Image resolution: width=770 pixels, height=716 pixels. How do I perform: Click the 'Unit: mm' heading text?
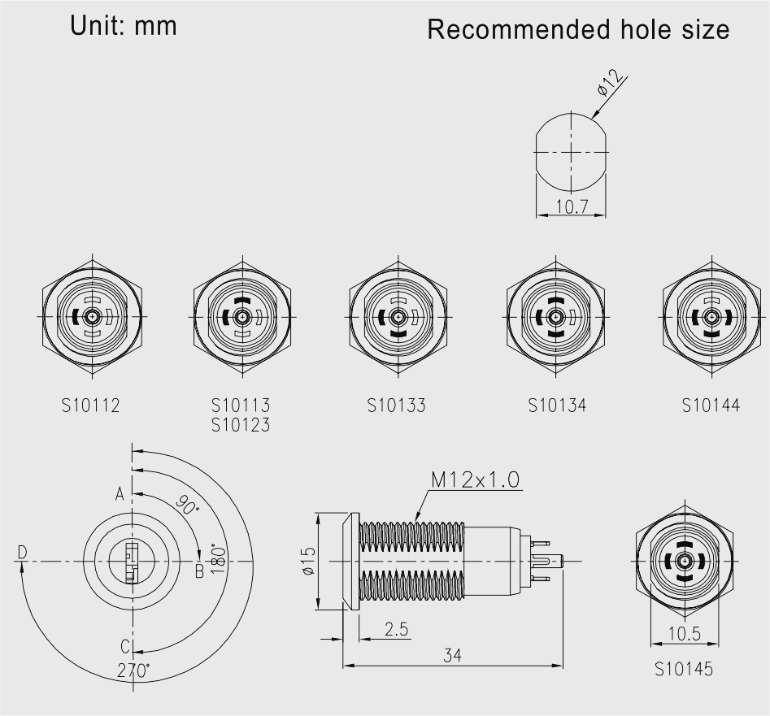[x=124, y=25]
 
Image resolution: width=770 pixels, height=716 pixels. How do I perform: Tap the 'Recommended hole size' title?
[x=578, y=29]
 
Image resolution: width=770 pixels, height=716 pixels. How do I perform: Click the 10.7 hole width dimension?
[x=571, y=206]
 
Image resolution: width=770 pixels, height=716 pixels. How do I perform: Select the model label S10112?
[x=91, y=406]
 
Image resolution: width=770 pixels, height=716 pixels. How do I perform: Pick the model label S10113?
[x=241, y=406]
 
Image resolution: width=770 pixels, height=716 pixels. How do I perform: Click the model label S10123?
[x=241, y=424]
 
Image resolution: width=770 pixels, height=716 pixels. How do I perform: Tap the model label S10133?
[x=396, y=406]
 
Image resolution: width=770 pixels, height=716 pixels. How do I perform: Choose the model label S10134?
[x=557, y=406]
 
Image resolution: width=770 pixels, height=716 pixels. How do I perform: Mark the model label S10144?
[x=711, y=406]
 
